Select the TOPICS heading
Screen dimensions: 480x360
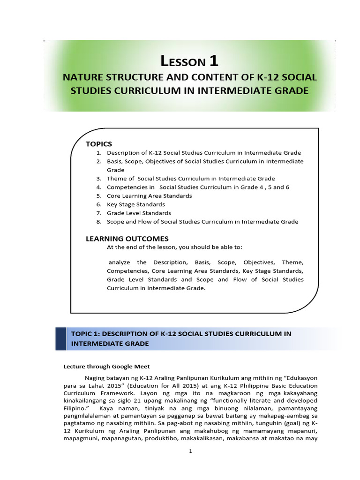[99, 143]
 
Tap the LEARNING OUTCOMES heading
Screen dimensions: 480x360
[127, 239]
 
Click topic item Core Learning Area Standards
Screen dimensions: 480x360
[149, 196]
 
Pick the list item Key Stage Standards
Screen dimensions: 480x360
[135, 204]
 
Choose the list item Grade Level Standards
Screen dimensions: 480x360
[139, 213]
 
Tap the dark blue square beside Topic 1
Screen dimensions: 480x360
[61, 338]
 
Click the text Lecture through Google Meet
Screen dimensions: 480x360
[106, 367]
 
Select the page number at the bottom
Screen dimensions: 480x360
[185, 451]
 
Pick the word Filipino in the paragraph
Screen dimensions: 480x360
[75, 409]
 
